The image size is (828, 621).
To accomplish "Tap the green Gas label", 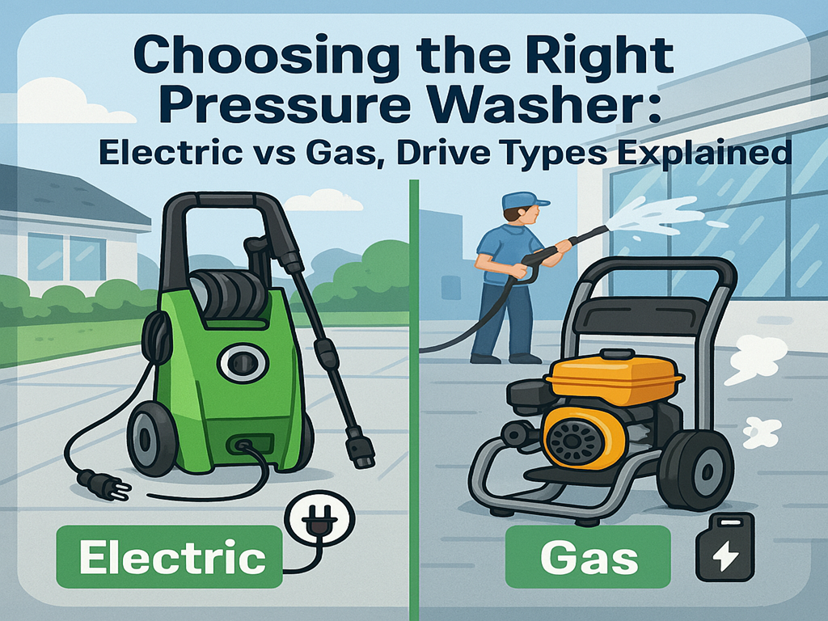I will (x=588, y=557).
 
